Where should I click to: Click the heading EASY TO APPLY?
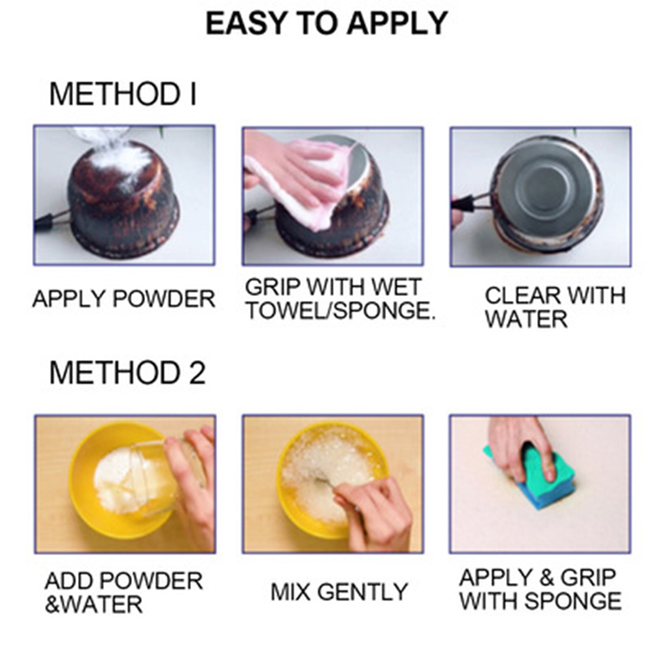326,24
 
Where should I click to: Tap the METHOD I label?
122,94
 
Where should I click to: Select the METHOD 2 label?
128,372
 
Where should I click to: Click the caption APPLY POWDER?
124,298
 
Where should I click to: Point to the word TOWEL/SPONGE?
340,310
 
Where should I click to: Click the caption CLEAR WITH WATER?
555,307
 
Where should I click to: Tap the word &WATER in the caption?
93,604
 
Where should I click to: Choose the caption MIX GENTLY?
339,592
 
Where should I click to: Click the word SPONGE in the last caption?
572,601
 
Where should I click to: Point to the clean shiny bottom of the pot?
547,179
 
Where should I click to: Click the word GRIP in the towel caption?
273,287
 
